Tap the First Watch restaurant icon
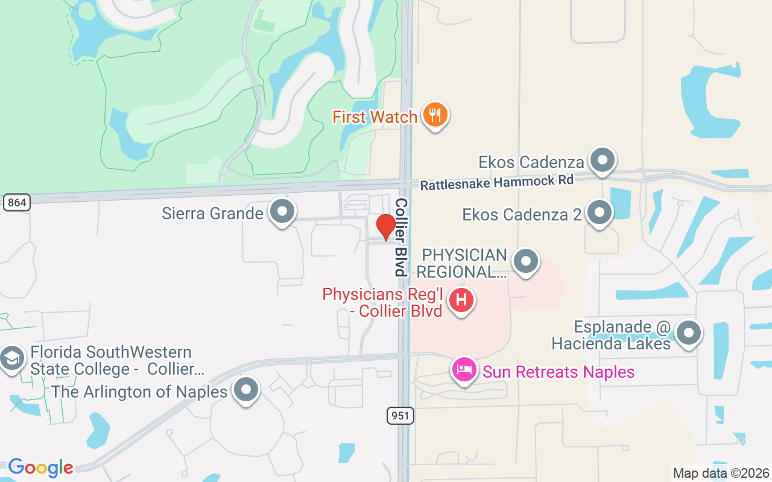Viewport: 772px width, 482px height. [434, 114]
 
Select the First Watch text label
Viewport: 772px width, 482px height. [375, 117]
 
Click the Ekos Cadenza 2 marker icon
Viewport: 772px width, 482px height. [600, 213]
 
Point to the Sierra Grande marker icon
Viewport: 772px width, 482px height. [282, 211]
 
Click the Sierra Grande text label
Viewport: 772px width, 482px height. [212, 213]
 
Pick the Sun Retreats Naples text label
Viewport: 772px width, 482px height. [558, 372]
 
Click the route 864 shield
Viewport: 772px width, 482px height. [16, 202]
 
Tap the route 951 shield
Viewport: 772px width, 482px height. [400, 415]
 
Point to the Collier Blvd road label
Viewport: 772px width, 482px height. [400, 237]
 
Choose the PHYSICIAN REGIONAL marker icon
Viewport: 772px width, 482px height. [526, 261]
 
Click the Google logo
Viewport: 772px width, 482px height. [40, 467]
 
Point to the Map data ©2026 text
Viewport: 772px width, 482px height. [721, 473]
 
